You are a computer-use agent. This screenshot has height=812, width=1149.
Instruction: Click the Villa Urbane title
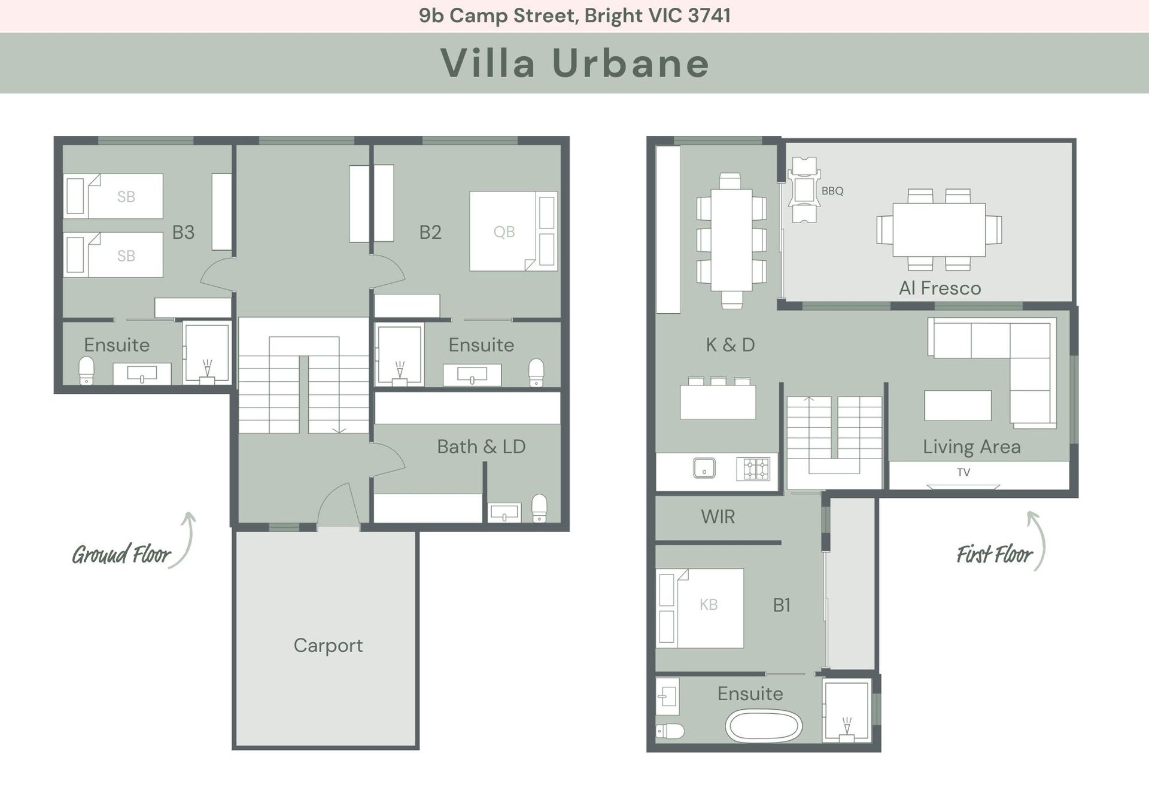pos(574,63)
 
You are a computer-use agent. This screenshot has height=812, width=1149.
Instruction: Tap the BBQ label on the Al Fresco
pos(832,191)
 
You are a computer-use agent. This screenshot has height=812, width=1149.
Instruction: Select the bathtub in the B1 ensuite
pos(764,726)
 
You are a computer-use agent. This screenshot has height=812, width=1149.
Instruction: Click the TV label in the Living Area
pos(963,472)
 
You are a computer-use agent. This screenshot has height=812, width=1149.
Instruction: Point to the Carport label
pos(328,645)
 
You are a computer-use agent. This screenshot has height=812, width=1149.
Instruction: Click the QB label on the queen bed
pos(504,232)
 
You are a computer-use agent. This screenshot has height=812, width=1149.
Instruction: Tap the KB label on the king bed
pos(709,604)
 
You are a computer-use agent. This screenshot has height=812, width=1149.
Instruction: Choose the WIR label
pos(718,516)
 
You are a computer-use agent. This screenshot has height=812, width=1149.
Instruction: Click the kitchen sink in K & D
pos(704,468)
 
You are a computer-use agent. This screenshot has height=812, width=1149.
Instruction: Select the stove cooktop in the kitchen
pos(756,469)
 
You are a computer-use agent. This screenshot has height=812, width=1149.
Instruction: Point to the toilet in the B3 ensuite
pos(87,371)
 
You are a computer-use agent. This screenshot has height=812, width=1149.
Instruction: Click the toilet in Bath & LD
pos(539,507)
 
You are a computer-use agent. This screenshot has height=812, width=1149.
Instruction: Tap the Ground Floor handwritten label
pos(121,555)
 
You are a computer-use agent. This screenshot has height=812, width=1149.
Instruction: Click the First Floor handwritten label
pos(994,555)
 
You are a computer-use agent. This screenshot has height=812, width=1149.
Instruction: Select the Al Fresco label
pos(940,288)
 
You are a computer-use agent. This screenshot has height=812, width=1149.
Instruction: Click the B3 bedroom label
pos(183,232)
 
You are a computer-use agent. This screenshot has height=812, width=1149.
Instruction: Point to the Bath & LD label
pos(481,446)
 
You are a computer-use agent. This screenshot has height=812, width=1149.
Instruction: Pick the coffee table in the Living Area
pos(957,405)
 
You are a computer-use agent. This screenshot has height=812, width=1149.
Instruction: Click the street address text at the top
pos(574,16)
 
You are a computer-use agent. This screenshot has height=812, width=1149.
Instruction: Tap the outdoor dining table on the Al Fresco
pos(939,230)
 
